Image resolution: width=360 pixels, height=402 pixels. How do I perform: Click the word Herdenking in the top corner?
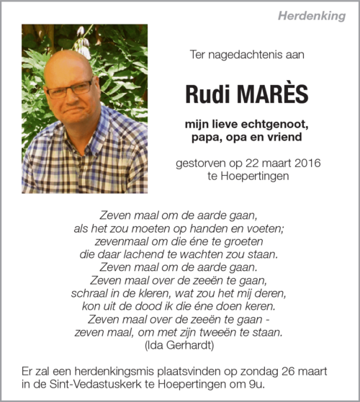[x=312, y=16]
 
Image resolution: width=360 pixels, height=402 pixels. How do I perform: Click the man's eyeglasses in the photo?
[x=70, y=90]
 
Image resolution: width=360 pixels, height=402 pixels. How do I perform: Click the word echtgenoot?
[x=274, y=124]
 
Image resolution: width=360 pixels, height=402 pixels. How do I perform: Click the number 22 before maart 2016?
[x=245, y=163]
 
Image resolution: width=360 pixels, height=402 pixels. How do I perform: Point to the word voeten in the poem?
[x=266, y=228]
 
